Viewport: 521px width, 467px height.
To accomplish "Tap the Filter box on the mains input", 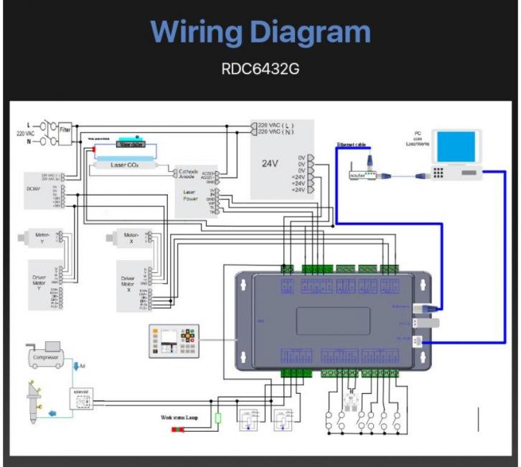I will pos(65,131).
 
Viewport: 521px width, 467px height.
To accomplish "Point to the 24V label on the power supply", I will pos(269,163).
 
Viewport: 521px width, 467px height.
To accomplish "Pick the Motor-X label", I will pos(131,235).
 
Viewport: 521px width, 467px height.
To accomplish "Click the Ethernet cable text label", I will pos(352,145).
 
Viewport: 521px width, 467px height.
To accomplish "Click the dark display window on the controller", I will pos(333,322).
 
